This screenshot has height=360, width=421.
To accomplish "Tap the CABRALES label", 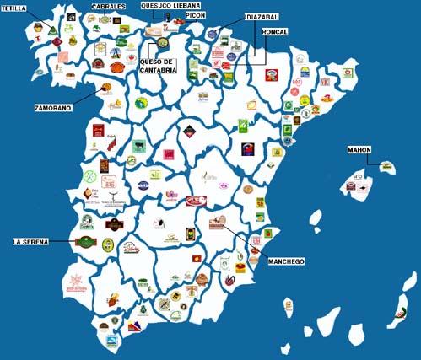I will click(109, 7).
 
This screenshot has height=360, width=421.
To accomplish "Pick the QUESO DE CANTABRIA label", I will click(158, 66).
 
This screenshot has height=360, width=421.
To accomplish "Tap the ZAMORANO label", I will click(53, 108).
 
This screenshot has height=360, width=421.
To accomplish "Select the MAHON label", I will click(359, 150).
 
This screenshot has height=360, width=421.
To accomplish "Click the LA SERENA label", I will click(31, 241).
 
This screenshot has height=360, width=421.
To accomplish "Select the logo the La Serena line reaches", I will click(87, 242).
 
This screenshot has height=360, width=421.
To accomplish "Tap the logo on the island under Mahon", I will click(386, 167).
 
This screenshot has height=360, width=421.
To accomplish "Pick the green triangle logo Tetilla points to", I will click(52, 31).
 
